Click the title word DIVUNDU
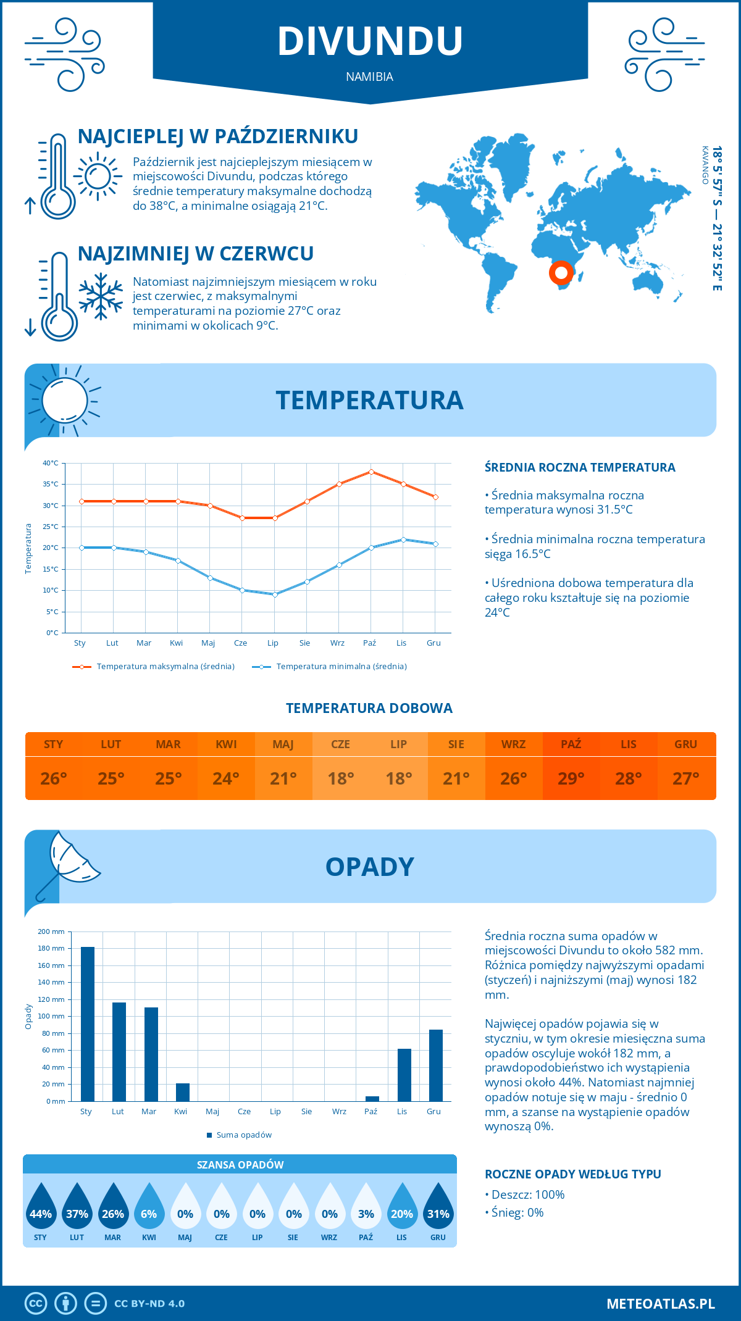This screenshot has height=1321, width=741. pyautogui.click(x=370, y=41)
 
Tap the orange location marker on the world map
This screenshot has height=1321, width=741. pyautogui.click(x=561, y=272)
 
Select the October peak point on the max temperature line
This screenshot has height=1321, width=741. pyautogui.click(x=371, y=472)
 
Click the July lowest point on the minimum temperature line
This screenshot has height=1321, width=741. pyautogui.click(x=275, y=594)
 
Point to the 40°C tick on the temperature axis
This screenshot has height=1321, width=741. pyautogui.click(x=51, y=463)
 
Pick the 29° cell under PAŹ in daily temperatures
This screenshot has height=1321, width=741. pyautogui.click(x=571, y=778)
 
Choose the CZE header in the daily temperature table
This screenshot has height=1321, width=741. pyautogui.click(x=341, y=744)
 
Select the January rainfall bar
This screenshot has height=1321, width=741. pyautogui.click(x=88, y=1024)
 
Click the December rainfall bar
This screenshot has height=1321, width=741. pyautogui.click(x=436, y=1065)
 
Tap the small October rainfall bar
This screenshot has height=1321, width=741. pyautogui.click(x=372, y=1099)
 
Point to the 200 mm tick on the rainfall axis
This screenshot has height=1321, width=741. pyautogui.click(x=51, y=931)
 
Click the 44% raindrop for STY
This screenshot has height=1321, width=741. pyautogui.click(x=41, y=1207)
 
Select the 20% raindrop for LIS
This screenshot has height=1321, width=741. pyautogui.click(x=402, y=1207)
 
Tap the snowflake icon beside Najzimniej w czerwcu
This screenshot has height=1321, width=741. pyautogui.click(x=101, y=296)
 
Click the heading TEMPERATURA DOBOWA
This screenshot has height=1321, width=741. pyautogui.click(x=369, y=709)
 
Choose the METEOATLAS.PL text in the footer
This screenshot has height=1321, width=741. pyautogui.click(x=661, y=1304)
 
